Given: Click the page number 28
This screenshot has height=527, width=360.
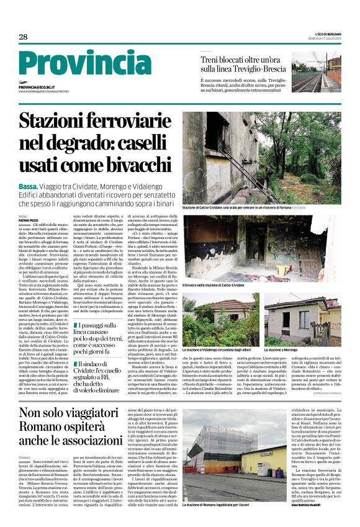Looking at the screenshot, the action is click(x=23, y=37).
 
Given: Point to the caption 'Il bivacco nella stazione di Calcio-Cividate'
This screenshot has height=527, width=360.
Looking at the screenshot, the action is click(x=215, y=285).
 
